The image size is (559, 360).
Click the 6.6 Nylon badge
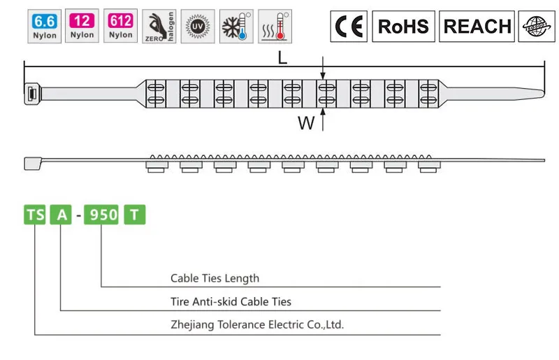(43, 26)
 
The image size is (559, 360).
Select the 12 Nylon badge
(82, 26)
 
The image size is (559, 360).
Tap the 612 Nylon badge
(120, 26)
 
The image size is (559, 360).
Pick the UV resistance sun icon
(198, 26)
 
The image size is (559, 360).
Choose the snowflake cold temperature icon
(236, 26)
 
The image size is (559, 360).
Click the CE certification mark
(349, 27)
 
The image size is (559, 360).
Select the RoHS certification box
(403, 27)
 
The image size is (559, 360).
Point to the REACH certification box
(477, 27)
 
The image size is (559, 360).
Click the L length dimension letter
(282, 59)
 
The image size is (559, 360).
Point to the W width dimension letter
(305, 124)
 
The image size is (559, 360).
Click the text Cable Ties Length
(215, 278)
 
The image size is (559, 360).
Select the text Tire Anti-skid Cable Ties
(231, 302)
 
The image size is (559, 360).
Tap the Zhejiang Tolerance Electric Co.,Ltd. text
(257, 325)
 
